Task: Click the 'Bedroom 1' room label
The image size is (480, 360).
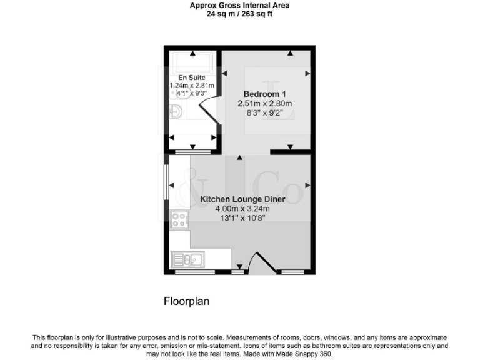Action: tap(265, 94)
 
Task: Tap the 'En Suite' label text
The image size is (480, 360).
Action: tap(192, 77)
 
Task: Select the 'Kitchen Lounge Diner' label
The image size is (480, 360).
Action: tap(242, 199)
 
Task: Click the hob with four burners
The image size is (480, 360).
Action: tap(180, 220)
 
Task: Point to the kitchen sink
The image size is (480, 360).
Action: tap(187, 258)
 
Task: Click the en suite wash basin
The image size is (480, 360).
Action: tap(177, 112)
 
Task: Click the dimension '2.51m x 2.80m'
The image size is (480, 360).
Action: tap(265, 104)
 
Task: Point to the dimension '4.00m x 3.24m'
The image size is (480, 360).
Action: tap(242, 209)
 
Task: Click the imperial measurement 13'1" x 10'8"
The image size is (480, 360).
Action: tap(242, 218)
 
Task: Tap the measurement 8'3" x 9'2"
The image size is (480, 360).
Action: tap(265, 113)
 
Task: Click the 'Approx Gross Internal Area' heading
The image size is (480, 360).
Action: tap(239, 6)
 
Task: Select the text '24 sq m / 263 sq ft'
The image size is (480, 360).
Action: tap(239, 14)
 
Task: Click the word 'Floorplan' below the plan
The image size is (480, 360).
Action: tap(186, 301)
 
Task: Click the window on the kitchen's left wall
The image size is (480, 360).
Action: tap(166, 183)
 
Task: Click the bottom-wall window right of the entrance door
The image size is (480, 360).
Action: tap(291, 272)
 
